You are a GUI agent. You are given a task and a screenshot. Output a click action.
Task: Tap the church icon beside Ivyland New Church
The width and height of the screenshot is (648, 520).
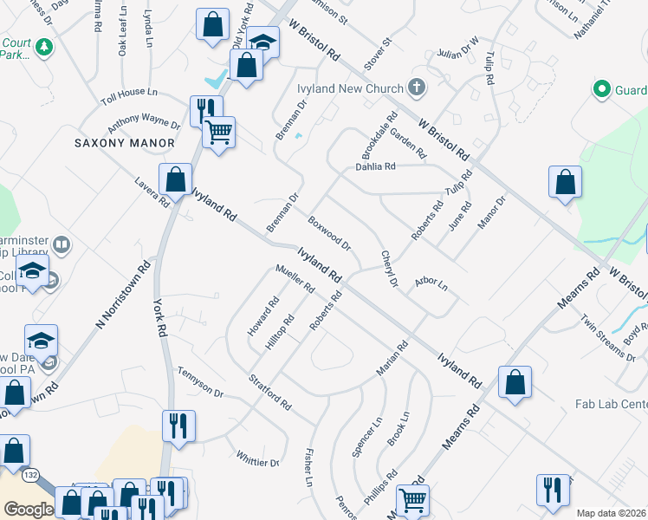point(417,88)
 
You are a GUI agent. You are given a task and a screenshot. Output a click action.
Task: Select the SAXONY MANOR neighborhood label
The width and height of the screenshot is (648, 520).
point(125,143)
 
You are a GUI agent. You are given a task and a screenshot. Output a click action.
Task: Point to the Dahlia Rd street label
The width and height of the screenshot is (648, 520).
point(375,166)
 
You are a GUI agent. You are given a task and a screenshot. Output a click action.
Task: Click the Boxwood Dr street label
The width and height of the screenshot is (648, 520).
point(329,232)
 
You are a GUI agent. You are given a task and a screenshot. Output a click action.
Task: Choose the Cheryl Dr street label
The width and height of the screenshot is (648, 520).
point(388,269)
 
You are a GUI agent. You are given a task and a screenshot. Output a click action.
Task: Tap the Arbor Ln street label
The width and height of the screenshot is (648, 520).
point(431,283)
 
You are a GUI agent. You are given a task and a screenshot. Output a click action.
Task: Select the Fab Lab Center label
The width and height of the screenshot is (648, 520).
point(612,405)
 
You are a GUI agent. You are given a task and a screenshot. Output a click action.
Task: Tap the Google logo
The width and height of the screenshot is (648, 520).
point(29,510)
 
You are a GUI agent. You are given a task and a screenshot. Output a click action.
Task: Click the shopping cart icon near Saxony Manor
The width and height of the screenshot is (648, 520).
point(218,133)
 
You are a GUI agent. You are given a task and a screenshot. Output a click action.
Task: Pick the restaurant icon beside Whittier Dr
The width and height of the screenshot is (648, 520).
point(178,426)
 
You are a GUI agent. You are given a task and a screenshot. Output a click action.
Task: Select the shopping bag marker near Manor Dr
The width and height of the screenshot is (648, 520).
point(565,182)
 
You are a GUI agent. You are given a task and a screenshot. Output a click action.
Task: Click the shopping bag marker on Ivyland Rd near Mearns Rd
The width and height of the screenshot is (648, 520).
point(515,382)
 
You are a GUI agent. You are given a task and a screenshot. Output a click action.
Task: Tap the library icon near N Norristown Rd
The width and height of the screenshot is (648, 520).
point(62,244)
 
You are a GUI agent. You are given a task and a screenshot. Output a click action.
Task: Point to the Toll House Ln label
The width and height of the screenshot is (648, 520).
point(129,92)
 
